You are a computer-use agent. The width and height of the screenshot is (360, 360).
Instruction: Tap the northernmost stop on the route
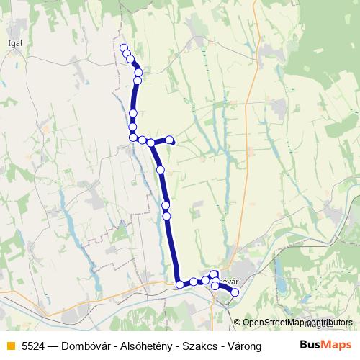(122, 48)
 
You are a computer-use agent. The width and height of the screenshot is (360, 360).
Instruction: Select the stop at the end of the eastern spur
(170, 140)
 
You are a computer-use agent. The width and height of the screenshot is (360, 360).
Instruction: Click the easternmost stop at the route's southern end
(234, 292)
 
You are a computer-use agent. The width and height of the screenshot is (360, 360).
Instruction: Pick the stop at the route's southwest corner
(180, 284)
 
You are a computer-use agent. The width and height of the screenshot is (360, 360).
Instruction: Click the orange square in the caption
(9, 345)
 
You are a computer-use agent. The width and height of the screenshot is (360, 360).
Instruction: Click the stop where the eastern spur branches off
(150, 143)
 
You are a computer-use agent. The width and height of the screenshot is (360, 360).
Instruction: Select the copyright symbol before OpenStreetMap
(238, 323)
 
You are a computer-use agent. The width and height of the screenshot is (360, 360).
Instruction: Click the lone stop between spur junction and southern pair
(161, 170)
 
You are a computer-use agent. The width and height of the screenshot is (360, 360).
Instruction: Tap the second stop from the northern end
(127, 54)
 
